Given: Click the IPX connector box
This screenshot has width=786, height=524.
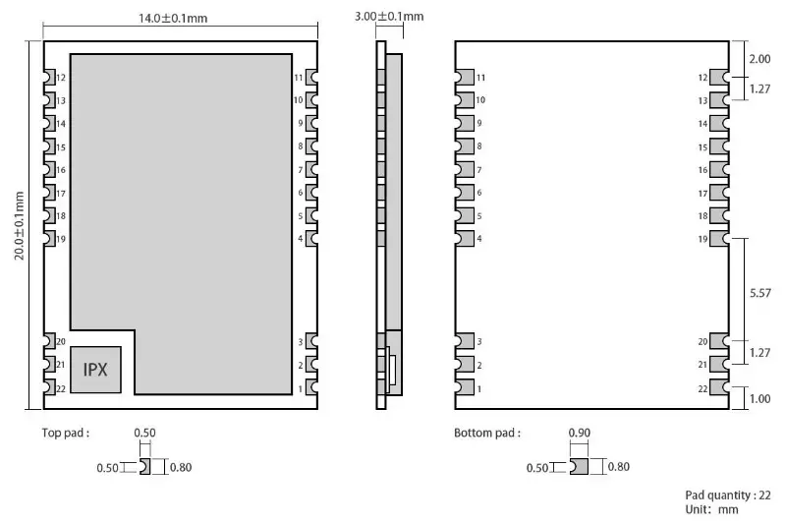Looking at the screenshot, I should (x=96, y=370).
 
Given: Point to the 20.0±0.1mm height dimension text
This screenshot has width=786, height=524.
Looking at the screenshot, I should (x=20, y=225).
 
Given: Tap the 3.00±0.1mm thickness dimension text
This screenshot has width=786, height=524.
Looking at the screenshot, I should (x=389, y=16).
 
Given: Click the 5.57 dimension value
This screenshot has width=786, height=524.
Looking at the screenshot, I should (x=759, y=293).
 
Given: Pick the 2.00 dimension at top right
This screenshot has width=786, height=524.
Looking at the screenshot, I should (x=759, y=59).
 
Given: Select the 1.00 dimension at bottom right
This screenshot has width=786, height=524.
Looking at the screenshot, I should (x=759, y=398).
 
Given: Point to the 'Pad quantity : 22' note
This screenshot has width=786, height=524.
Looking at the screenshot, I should (x=727, y=495).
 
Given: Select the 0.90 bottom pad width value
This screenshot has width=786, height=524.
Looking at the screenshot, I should (x=580, y=433).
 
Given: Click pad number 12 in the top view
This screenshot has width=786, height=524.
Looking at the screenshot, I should (x=48, y=77).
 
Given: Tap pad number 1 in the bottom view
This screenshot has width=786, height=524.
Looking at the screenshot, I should (x=463, y=389).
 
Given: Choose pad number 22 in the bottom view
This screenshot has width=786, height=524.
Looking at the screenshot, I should (x=717, y=389).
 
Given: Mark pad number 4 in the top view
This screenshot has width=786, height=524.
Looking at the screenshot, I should (x=311, y=238).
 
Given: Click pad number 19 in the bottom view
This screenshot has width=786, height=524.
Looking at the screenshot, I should (x=717, y=238).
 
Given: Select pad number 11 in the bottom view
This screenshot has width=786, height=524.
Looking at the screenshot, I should (x=463, y=77).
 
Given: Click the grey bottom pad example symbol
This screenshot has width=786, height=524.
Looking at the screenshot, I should (x=580, y=467).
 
